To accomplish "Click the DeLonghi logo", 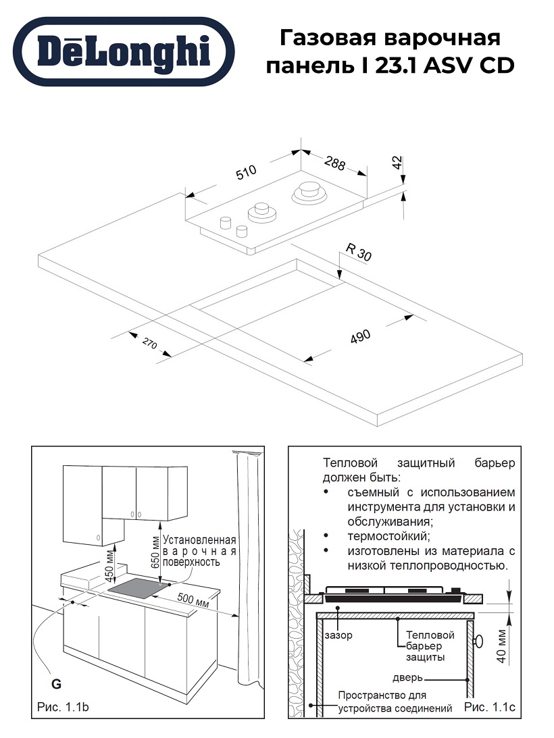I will tap(125, 52).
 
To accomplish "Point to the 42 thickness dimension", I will tap(397, 163).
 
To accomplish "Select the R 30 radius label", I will tap(359, 252).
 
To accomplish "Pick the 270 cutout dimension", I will tap(149, 345).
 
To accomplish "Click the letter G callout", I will tap(57, 684).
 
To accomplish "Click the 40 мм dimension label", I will tap(501, 645).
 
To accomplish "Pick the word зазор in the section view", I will tap(338, 635).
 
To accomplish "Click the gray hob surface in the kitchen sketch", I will tap(138, 589).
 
